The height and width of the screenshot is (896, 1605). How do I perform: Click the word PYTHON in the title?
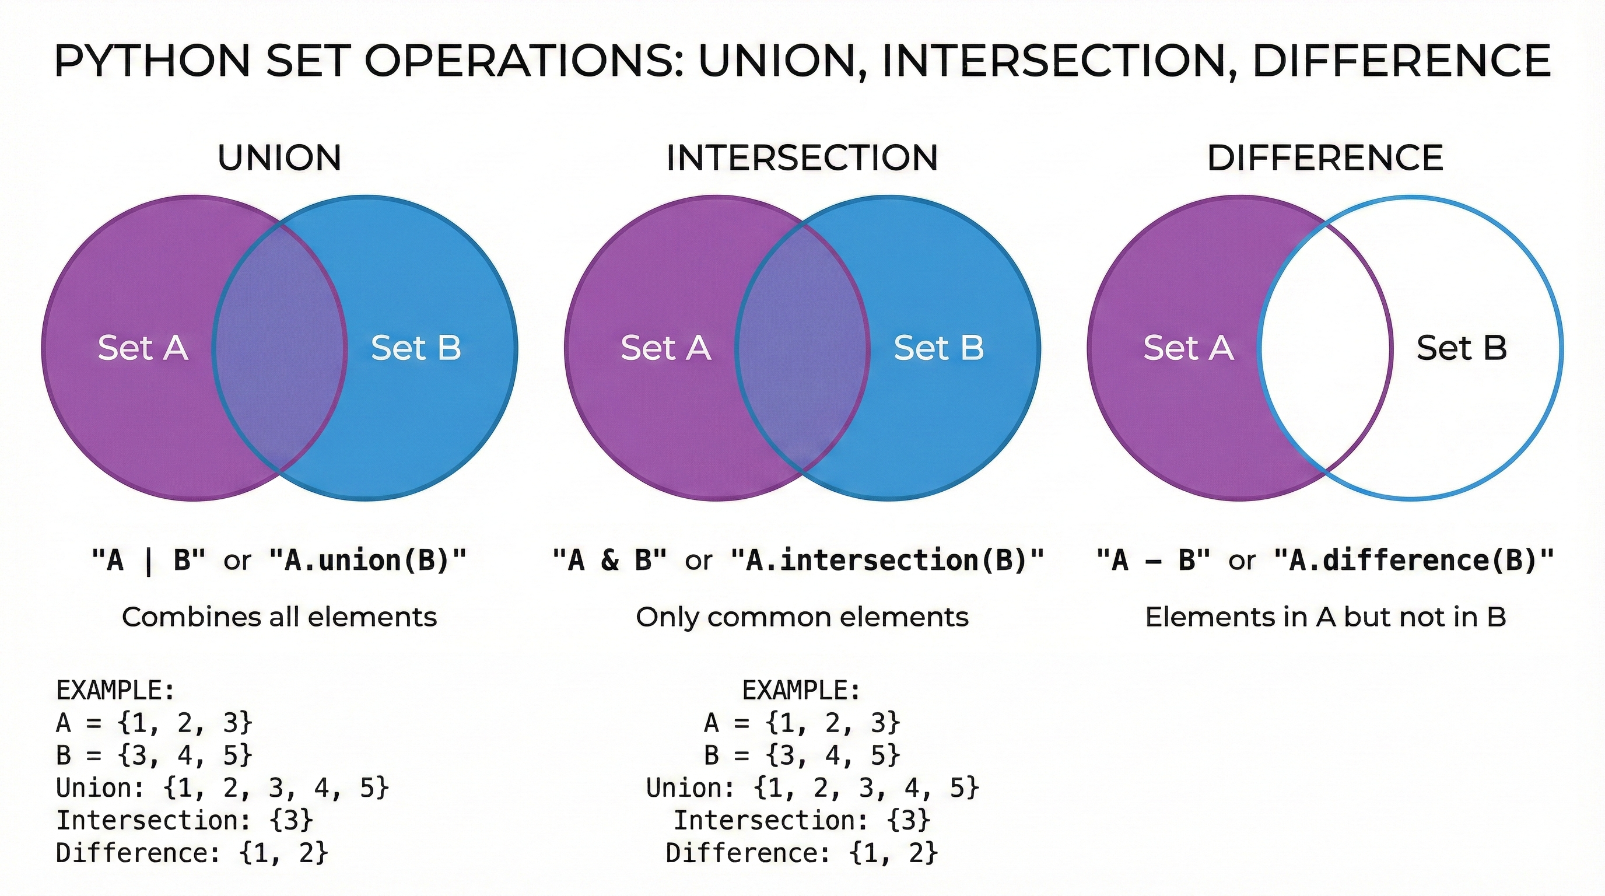152,61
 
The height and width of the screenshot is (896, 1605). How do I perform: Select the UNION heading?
279,157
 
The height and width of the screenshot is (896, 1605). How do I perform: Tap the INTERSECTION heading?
802,157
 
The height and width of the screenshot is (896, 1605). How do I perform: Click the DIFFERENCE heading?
1325,157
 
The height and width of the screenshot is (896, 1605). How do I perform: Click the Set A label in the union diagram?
143,348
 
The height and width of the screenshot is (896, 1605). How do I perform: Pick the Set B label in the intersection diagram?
939,348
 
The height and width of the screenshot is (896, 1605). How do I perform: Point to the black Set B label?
1462,348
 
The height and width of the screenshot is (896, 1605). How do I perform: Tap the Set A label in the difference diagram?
1188,348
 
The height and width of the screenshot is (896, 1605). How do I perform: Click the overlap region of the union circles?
279,348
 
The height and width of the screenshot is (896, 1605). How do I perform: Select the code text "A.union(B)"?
367,560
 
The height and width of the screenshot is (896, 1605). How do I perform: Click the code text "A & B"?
610,560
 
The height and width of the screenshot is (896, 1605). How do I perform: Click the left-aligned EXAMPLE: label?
116,691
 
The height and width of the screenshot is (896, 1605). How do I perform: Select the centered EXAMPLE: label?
801,691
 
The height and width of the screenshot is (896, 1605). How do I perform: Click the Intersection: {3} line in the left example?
184,820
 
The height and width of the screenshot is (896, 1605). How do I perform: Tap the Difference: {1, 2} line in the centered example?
801,852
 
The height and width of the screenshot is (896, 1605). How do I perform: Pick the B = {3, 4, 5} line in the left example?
154,755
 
